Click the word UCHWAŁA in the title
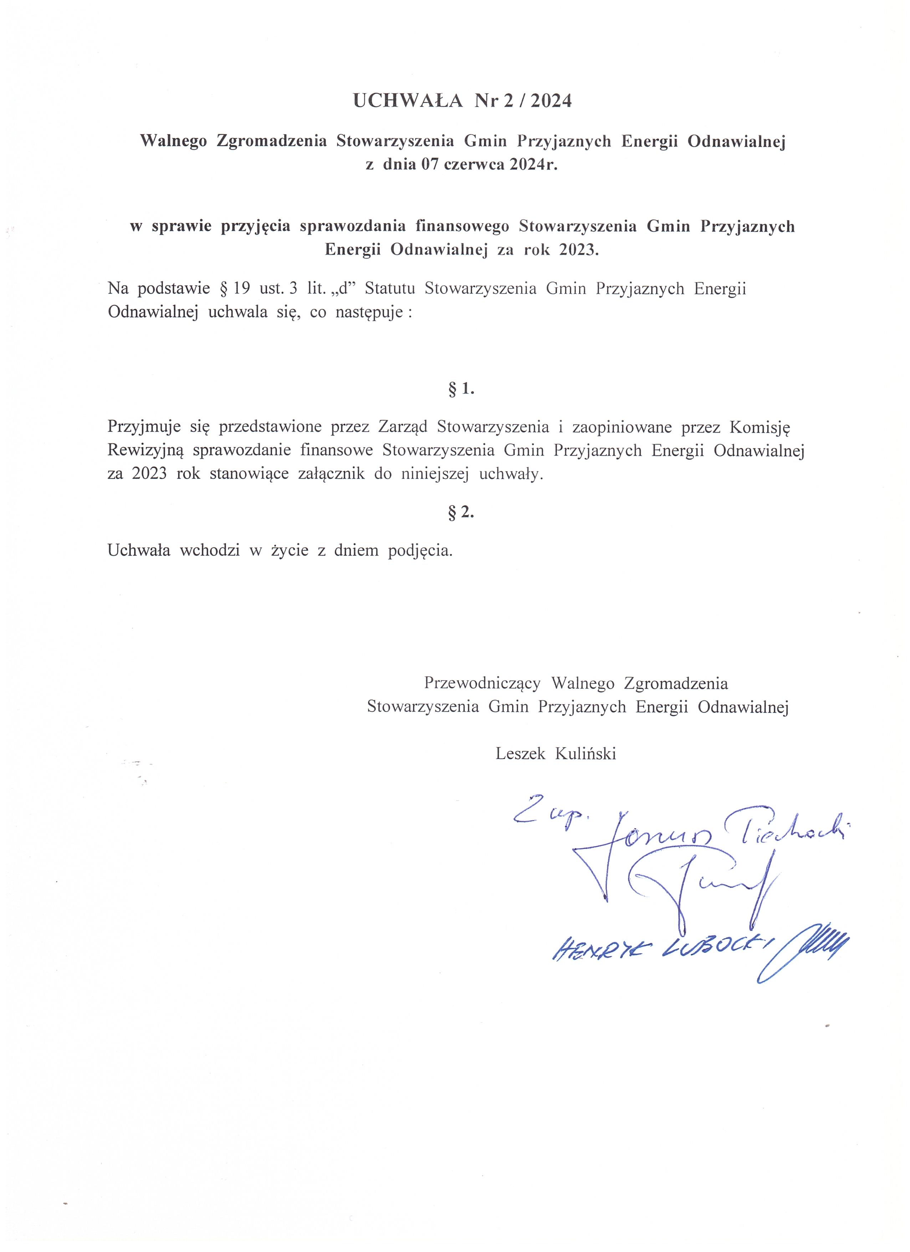coord(407,101)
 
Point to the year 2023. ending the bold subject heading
coord(578,250)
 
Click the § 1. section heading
coord(461,389)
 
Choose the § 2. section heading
coord(461,512)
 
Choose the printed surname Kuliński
coord(586,753)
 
